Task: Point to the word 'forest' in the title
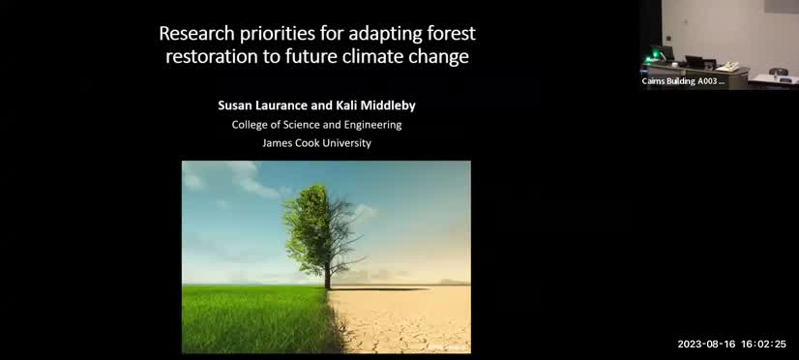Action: [449, 34]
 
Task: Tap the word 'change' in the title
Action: [438, 57]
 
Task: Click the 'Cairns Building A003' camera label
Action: [683, 81]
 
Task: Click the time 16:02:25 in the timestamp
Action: [765, 344]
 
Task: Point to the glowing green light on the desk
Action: [666, 51]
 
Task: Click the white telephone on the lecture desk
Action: [726, 66]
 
